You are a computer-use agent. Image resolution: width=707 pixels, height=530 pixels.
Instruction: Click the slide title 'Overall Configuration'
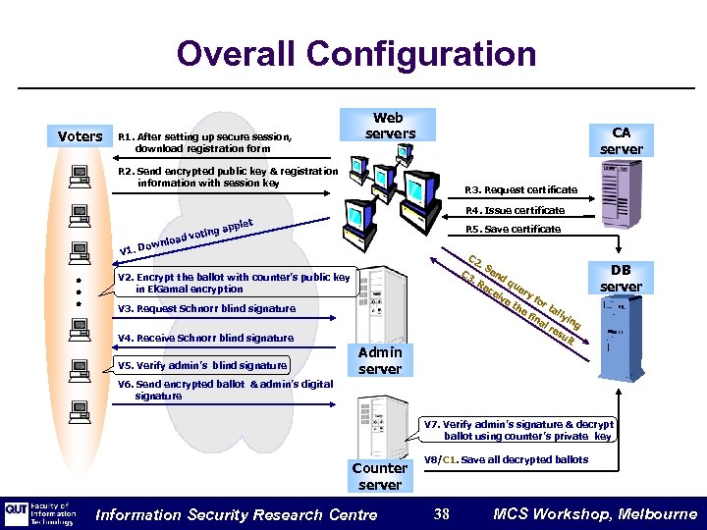tap(356, 53)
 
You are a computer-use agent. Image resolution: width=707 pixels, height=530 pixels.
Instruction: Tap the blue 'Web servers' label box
tap(390, 126)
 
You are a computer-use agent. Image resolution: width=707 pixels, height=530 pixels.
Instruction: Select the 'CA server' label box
tap(621, 140)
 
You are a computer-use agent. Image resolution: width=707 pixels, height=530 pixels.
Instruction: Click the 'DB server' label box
tap(621, 278)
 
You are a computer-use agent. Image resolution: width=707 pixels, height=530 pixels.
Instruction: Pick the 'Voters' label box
tap(80, 136)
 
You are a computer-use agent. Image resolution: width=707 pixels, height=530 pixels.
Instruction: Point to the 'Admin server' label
tap(380, 360)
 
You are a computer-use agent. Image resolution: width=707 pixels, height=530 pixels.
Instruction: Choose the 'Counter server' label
tap(380, 476)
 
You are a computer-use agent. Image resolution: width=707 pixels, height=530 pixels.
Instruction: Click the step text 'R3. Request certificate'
tap(520, 190)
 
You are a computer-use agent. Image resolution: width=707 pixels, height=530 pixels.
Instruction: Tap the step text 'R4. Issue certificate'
tap(515, 210)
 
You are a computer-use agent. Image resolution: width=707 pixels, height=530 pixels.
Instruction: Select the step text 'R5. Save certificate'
tap(513, 230)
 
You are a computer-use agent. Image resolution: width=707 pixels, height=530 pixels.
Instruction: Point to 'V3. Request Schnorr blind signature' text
tap(206, 308)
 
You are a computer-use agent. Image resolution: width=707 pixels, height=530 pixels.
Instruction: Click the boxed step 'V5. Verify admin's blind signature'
tap(202, 366)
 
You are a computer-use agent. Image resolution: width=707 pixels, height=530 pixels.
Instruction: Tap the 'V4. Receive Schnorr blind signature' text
tap(205, 338)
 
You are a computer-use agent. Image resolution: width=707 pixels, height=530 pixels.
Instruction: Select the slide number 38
tap(442, 514)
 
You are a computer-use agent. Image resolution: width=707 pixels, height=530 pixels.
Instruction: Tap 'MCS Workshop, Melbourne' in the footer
tap(595, 514)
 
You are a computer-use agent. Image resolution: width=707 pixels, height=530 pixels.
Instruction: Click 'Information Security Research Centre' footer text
tap(236, 514)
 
